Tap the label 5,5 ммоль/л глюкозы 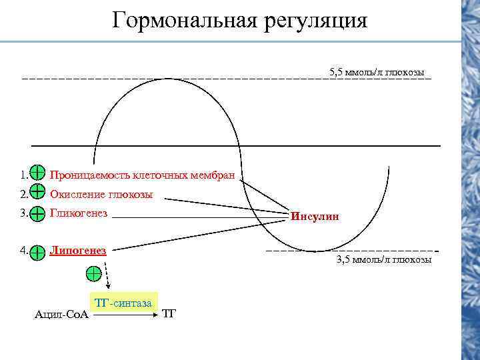[377, 71]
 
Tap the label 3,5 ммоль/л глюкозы [384, 259]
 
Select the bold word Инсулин [315, 217]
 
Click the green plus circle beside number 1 [38, 175]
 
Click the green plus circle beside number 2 [38, 194]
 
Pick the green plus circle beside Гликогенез [38, 213]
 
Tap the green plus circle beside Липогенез [38, 251]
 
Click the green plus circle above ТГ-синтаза [94, 273]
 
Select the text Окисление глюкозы [101, 195]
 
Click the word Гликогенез [79, 213]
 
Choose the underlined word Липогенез [78, 250]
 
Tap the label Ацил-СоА [61, 314]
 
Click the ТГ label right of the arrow [169, 313]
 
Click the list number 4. [24, 251]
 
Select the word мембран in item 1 [215, 175]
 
